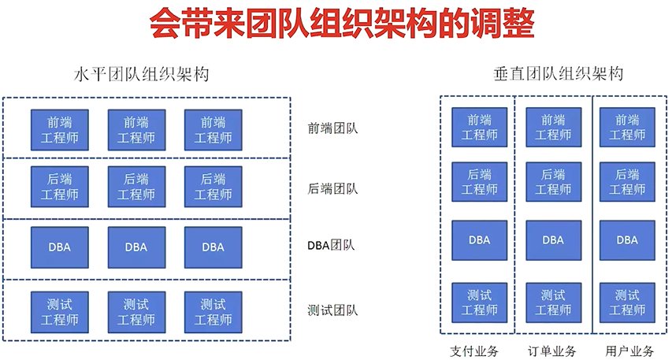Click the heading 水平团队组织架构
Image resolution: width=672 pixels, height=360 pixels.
point(141,76)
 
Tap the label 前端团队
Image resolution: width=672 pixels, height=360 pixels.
point(332,128)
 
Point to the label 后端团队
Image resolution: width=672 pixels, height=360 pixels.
point(332,188)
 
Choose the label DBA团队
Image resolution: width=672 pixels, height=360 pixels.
point(331,245)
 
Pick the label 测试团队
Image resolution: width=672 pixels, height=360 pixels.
point(332,310)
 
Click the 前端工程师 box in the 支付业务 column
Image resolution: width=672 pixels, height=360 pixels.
point(479,127)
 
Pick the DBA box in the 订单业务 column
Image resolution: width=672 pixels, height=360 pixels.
point(553,239)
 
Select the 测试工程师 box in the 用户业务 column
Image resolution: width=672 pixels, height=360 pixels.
point(627,302)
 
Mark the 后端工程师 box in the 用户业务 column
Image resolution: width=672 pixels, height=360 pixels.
point(627,182)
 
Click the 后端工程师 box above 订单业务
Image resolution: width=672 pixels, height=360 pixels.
point(553,182)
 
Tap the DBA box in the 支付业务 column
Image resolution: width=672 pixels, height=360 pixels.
point(479,239)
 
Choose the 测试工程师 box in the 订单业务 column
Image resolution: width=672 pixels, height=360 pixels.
point(553,302)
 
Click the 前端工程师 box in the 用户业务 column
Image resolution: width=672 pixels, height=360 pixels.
point(627,127)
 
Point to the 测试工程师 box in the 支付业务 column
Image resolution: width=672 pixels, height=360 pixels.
point(479,302)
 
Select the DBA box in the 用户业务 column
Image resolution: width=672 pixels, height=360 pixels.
point(627,239)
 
